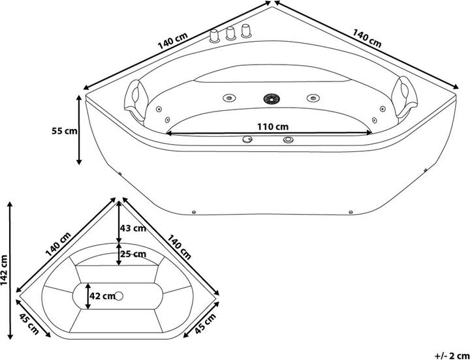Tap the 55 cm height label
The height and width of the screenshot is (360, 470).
[x=64, y=130]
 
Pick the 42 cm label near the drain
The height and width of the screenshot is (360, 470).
[x=102, y=296]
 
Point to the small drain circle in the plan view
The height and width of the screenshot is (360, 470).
[x=118, y=296]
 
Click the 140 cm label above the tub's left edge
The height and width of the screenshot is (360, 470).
[x=170, y=41]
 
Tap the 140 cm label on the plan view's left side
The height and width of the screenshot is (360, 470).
[x=58, y=245]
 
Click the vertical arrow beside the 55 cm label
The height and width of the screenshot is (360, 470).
[x=80, y=130]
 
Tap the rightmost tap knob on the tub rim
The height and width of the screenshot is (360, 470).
[x=245, y=30]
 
